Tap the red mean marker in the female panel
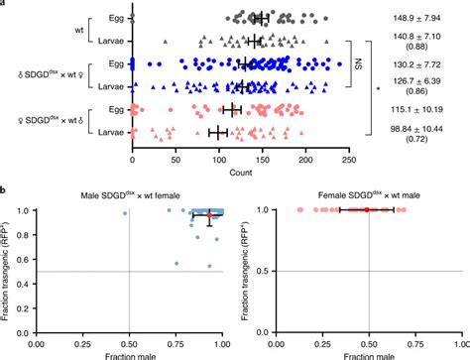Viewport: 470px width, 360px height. point(366,210)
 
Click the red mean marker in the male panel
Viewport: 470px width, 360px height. point(209,214)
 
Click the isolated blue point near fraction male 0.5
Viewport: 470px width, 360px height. point(125,213)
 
